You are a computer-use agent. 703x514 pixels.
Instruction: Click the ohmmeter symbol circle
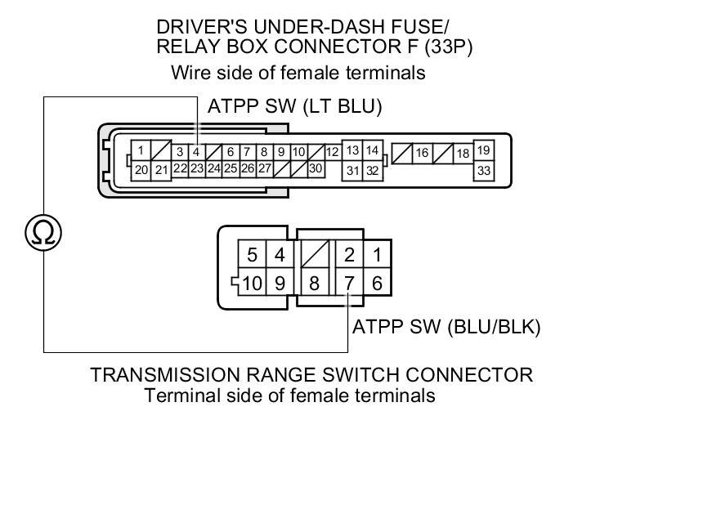pyautogui.click(x=43, y=233)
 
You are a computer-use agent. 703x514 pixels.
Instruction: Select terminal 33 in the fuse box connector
pyautogui.click(x=484, y=171)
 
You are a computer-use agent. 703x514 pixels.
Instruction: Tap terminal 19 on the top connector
pyautogui.click(x=484, y=151)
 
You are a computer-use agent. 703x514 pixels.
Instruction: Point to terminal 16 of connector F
pyautogui.click(x=422, y=153)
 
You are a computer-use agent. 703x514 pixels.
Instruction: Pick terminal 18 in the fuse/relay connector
pyautogui.click(x=463, y=153)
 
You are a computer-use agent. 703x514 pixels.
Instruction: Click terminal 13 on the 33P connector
pyautogui.click(x=352, y=151)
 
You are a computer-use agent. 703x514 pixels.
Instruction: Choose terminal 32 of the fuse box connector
pyautogui.click(x=372, y=171)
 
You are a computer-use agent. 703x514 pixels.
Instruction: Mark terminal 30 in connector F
pyautogui.click(x=316, y=168)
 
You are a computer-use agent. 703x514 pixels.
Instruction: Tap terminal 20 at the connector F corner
pyautogui.click(x=141, y=170)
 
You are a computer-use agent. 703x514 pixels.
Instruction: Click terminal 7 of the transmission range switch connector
pyautogui.click(x=349, y=284)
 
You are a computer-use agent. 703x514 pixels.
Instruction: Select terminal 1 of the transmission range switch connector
pyautogui.click(x=377, y=255)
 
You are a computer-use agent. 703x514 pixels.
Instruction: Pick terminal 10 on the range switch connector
pyautogui.click(x=252, y=284)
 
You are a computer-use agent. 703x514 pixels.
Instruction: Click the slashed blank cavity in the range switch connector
pyautogui.click(x=313, y=255)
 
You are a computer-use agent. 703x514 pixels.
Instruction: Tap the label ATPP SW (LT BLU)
pyautogui.click(x=295, y=107)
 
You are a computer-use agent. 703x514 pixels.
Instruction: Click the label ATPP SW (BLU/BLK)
pyautogui.click(x=446, y=328)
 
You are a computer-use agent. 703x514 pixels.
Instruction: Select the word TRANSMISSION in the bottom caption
pyautogui.click(x=163, y=375)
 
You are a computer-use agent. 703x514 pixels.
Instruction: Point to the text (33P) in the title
pyautogui.click(x=448, y=47)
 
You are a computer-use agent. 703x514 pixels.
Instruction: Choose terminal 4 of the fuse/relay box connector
pyautogui.click(x=196, y=152)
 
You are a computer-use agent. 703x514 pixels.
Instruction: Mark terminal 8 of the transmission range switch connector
pyautogui.click(x=313, y=284)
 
